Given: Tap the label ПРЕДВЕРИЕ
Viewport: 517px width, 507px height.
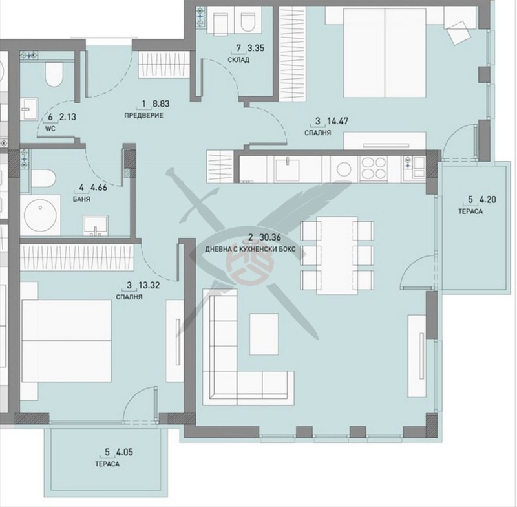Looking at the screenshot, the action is pos(143,116).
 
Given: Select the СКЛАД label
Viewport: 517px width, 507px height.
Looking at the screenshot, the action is pos(238,60).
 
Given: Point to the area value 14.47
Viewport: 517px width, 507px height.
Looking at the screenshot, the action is pos(337,121).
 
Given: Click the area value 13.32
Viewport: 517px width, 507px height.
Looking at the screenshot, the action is pos(149,285).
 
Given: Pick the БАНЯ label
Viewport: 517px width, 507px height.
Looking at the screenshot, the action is pos(81,199).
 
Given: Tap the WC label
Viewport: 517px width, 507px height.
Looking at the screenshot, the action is pos(50,129).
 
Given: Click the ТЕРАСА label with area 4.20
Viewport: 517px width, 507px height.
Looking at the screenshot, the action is pos(470,211).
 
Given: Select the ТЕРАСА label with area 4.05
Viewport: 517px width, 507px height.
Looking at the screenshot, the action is pos(107,464).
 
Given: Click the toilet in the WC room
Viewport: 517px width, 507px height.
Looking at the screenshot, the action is pos(54,74).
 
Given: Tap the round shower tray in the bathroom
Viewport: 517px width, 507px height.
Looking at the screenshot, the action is pos(40,215).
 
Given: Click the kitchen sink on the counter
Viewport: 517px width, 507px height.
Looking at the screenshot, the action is pos(287,169).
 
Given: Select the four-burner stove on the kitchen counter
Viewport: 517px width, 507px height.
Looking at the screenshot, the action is pos(374,169).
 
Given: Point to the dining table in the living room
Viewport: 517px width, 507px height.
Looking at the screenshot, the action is pos(337,255).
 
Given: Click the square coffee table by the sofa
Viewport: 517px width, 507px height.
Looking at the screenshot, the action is pos(264,334).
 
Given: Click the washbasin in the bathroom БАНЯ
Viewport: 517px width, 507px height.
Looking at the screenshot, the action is pos(96,226).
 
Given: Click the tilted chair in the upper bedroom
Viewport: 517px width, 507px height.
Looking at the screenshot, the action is pos(459,32).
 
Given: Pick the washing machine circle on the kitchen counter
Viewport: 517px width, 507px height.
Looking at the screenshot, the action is pos(344,169).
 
